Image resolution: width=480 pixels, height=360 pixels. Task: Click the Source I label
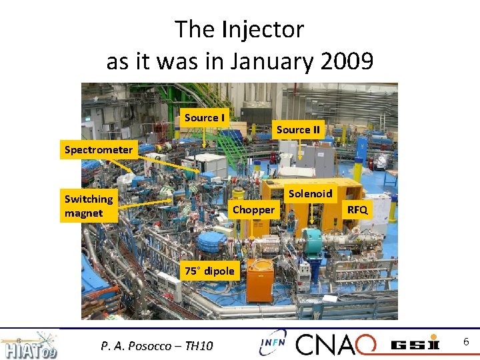tap(204, 118)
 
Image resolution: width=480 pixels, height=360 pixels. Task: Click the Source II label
tap(298, 130)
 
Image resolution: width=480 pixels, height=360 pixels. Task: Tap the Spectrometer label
tap(99, 150)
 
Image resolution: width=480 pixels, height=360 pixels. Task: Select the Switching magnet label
tap(89, 206)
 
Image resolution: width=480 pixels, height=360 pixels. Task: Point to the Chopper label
tap(253, 210)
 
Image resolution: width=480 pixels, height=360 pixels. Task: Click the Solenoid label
tap(310, 194)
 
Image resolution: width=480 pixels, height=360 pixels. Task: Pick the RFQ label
tap(357, 210)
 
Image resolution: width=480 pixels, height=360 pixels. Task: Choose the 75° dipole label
tap(209, 271)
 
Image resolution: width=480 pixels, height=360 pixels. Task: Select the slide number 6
tap(466, 342)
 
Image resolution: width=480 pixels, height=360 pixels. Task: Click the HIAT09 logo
tap(30, 344)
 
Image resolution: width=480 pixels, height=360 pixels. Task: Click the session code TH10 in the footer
tap(199, 345)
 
